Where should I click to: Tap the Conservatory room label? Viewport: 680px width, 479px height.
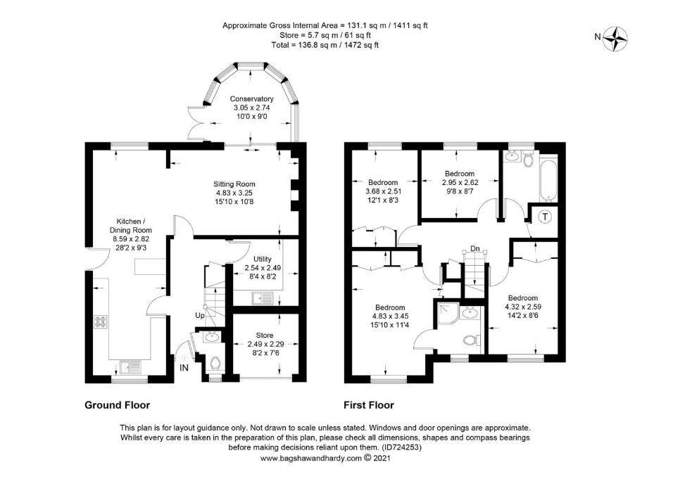click(x=251, y=99)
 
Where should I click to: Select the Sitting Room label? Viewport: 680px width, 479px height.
click(x=234, y=184)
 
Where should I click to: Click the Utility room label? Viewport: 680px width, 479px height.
click(x=263, y=260)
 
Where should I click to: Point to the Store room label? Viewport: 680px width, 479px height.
click(x=265, y=335)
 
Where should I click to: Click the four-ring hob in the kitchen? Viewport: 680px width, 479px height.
click(x=101, y=321)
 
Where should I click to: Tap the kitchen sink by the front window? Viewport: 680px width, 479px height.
click(x=130, y=367)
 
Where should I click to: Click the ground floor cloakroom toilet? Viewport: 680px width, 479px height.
click(x=215, y=363)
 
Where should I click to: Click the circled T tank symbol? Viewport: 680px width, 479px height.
click(x=545, y=216)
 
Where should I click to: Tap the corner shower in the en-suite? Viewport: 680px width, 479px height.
click(x=447, y=314)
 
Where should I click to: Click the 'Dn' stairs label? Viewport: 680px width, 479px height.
click(x=475, y=249)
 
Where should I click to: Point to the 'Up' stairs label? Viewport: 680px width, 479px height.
click(x=199, y=315)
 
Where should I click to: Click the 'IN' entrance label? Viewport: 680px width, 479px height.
click(x=184, y=368)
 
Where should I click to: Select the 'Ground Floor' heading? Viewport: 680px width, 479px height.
click(x=117, y=405)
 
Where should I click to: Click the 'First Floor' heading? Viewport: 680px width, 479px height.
click(x=369, y=405)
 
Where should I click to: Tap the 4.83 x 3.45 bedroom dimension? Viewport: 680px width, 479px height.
click(x=390, y=316)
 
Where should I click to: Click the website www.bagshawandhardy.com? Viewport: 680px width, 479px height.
click(x=311, y=458)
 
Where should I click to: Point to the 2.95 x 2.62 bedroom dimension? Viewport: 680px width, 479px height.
click(x=460, y=182)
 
